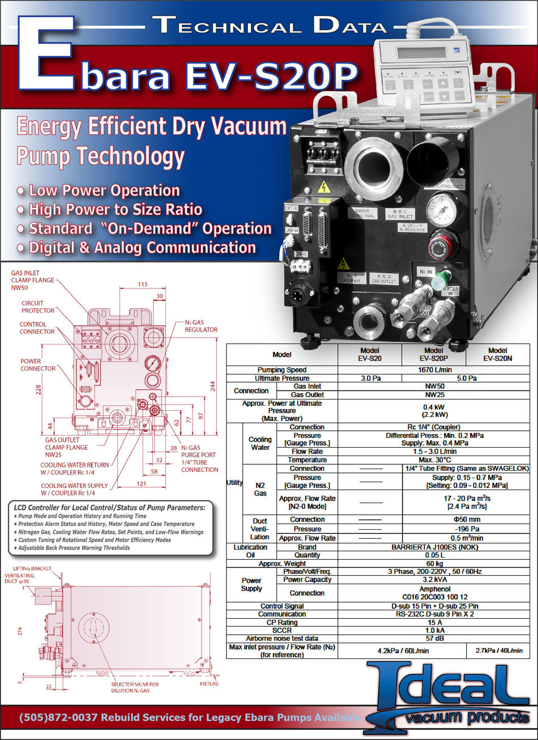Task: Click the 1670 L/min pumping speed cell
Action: pos(434,370)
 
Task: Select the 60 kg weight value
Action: pos(434,564)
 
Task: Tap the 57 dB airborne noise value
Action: pos(434,638)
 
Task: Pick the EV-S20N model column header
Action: pos(497,355)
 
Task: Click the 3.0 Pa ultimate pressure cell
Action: pos(369,378)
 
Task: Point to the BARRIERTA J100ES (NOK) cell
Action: pos(434,547)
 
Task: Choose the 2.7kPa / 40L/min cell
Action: pos(498,650)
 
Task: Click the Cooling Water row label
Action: pos(260,443)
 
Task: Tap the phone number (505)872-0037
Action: pos(59,717)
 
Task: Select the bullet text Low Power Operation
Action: pos(104,190)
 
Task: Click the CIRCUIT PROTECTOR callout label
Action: pos(38,307)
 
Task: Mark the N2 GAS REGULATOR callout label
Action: pos(200,326)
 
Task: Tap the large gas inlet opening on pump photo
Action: pos(372,163)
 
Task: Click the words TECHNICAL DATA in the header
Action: pos(269,25)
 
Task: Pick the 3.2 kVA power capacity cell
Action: pos(434,580)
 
